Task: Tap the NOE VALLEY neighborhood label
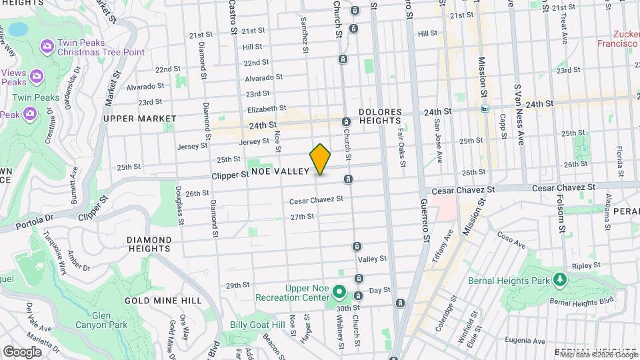(280, 171)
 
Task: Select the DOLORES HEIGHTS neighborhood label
(380, 116)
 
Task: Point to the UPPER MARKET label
(140, 119)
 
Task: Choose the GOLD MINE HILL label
(163, 301)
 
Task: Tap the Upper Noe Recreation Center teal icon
(339, 291)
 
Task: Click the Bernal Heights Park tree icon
(561, 279)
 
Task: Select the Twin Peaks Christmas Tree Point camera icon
(47, 45)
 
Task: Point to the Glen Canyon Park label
(109, 320)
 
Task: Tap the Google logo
(22, 351)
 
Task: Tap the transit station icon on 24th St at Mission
(485, 109)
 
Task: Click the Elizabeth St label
(266, 108)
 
